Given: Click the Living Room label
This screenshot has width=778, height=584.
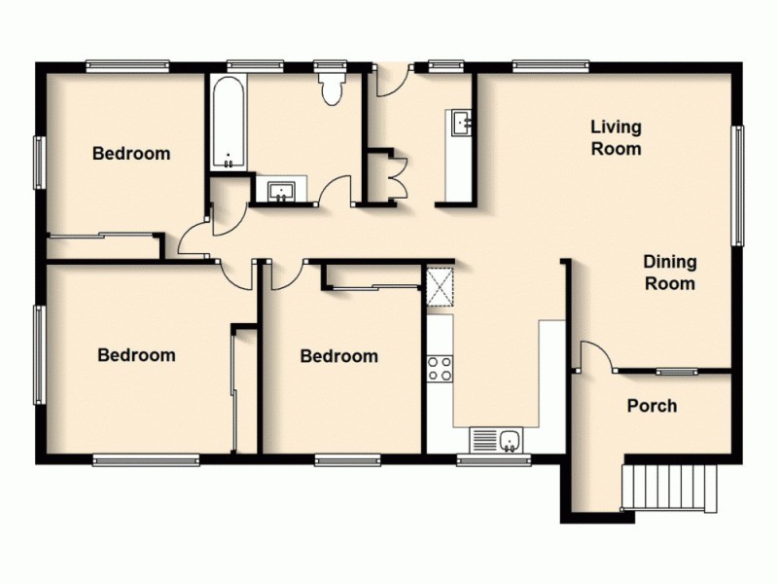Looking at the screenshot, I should pos(617,137).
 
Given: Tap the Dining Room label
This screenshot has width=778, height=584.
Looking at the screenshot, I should pos(670,273).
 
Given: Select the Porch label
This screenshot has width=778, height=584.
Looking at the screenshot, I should pos(652,406).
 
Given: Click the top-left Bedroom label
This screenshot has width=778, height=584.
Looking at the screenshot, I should pos(131,153).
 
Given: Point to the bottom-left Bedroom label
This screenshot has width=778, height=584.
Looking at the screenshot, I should pos(136,355).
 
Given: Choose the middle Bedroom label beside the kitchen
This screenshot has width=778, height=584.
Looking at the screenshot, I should pos(338,356).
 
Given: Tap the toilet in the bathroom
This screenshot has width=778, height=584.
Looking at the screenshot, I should pos(332,89).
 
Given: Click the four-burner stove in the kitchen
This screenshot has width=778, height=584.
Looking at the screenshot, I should pos(440,368).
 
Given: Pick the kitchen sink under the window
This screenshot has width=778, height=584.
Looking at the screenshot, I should pos(498,441).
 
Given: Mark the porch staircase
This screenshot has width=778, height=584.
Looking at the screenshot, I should pos(672,488).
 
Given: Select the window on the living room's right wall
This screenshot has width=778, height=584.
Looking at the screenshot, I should pos(738,185).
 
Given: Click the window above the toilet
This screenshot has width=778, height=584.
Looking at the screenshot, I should pos(331,66).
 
